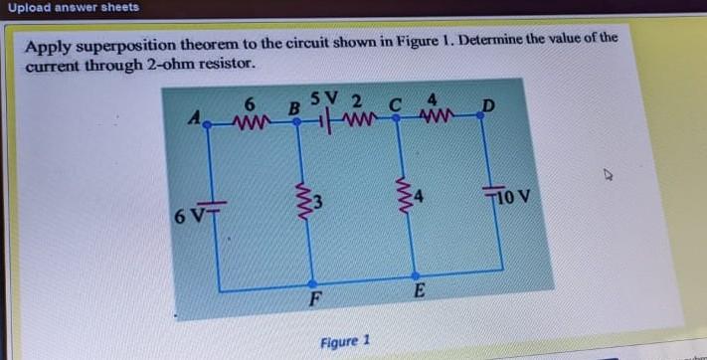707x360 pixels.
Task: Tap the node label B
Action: pos(293,106)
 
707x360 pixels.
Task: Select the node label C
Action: pos(395,102)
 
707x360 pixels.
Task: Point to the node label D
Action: pos(487,104)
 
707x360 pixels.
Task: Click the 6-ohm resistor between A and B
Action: pos(252,123)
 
